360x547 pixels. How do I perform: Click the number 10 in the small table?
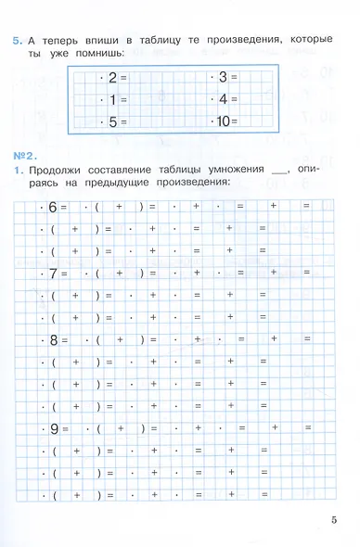coord(223,121)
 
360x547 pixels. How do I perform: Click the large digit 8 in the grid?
coord(52,340)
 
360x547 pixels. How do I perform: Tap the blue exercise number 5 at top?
coord(16,42)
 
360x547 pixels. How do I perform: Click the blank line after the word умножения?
coord(284,172)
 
